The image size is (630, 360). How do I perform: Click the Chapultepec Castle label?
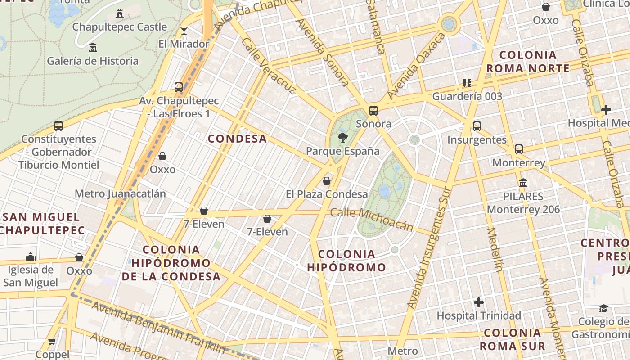coord(120,27)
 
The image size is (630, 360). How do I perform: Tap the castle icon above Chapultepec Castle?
coord(120,13)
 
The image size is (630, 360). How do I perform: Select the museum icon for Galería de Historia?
coord(93,47)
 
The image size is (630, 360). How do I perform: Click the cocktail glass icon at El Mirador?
coord(184,31)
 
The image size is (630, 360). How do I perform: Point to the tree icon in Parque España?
coord(343,138)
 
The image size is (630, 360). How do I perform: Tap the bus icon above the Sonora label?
coord(373,110)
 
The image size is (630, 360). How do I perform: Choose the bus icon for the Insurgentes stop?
coord(477,126)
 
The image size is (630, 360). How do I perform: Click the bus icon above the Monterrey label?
coord(519,149)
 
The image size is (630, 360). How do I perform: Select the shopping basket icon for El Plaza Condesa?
coord(327,181)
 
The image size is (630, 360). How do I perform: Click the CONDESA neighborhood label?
coord(238,139)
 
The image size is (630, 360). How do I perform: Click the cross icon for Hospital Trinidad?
coord(479,302)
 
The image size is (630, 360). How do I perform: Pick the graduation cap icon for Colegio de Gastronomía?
coord(603,308)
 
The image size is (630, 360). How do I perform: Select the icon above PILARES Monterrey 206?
coord(523,183)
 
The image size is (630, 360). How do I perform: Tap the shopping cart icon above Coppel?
coord(52,341)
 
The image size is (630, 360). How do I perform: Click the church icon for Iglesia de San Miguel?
coord(31,256)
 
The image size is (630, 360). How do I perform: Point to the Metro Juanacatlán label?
coord(120,194)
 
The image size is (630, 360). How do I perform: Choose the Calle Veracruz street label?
coord(269,66)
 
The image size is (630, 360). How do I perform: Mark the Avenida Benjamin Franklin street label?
coord(158,327)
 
